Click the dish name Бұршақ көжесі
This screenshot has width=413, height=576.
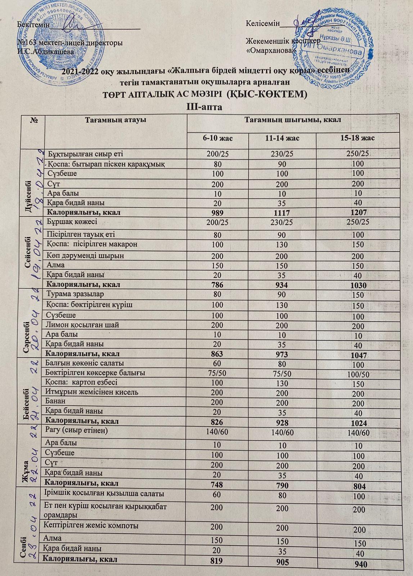click(x=72, y=222)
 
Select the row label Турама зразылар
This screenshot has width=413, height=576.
click(x=76, y=294)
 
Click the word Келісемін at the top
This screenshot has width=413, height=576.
click(x=262, y=24)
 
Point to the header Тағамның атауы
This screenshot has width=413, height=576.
click(x=115, y=120)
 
